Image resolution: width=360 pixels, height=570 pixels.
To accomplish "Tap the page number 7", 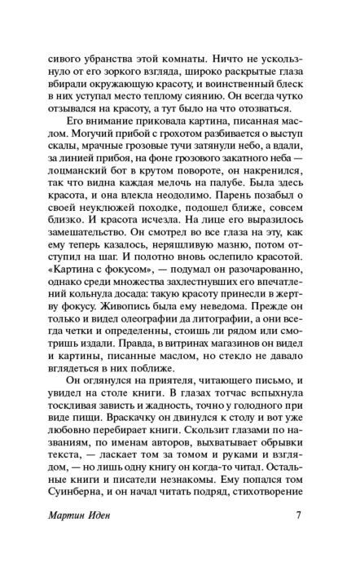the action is click(x=300, y=537).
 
